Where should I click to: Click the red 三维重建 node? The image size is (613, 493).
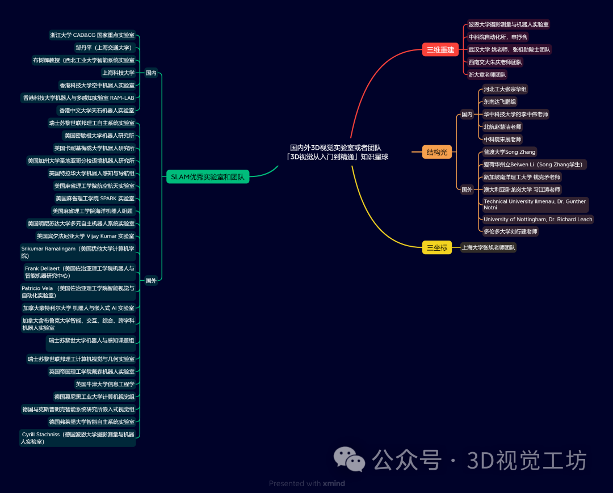point(440,49)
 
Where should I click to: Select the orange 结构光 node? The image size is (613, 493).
point(437,152)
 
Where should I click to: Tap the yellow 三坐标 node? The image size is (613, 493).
point(436,247)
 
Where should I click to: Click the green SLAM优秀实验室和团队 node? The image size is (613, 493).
point(208,177)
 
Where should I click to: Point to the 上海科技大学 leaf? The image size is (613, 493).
point(118,73)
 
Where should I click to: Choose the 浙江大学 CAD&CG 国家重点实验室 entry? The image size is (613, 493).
point(92,35)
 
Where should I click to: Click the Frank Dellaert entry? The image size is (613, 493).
point(79,272)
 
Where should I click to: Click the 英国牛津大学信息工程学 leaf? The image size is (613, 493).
point(105,384)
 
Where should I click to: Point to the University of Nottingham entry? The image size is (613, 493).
point(538,220)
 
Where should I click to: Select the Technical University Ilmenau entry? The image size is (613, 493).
point(535,204)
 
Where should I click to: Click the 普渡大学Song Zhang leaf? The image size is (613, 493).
point(509,152)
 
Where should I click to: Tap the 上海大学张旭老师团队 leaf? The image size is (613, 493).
point(488,247)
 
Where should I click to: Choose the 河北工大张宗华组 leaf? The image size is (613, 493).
point(505,89)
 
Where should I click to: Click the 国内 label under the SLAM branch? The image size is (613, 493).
point(151,73)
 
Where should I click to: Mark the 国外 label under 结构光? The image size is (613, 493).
point(467,190)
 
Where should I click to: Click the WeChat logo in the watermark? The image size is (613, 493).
point(349,459)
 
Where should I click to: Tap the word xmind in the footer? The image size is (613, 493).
point(334,484)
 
